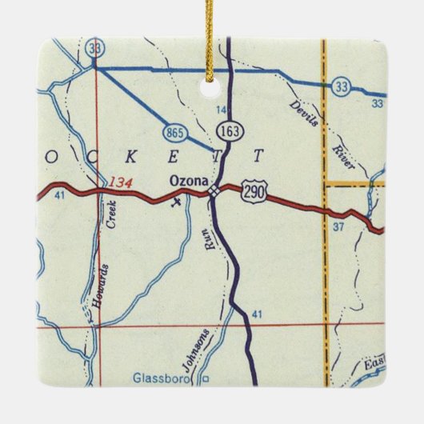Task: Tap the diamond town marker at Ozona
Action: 213,191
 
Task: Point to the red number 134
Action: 121,182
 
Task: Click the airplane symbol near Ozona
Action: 178,201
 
